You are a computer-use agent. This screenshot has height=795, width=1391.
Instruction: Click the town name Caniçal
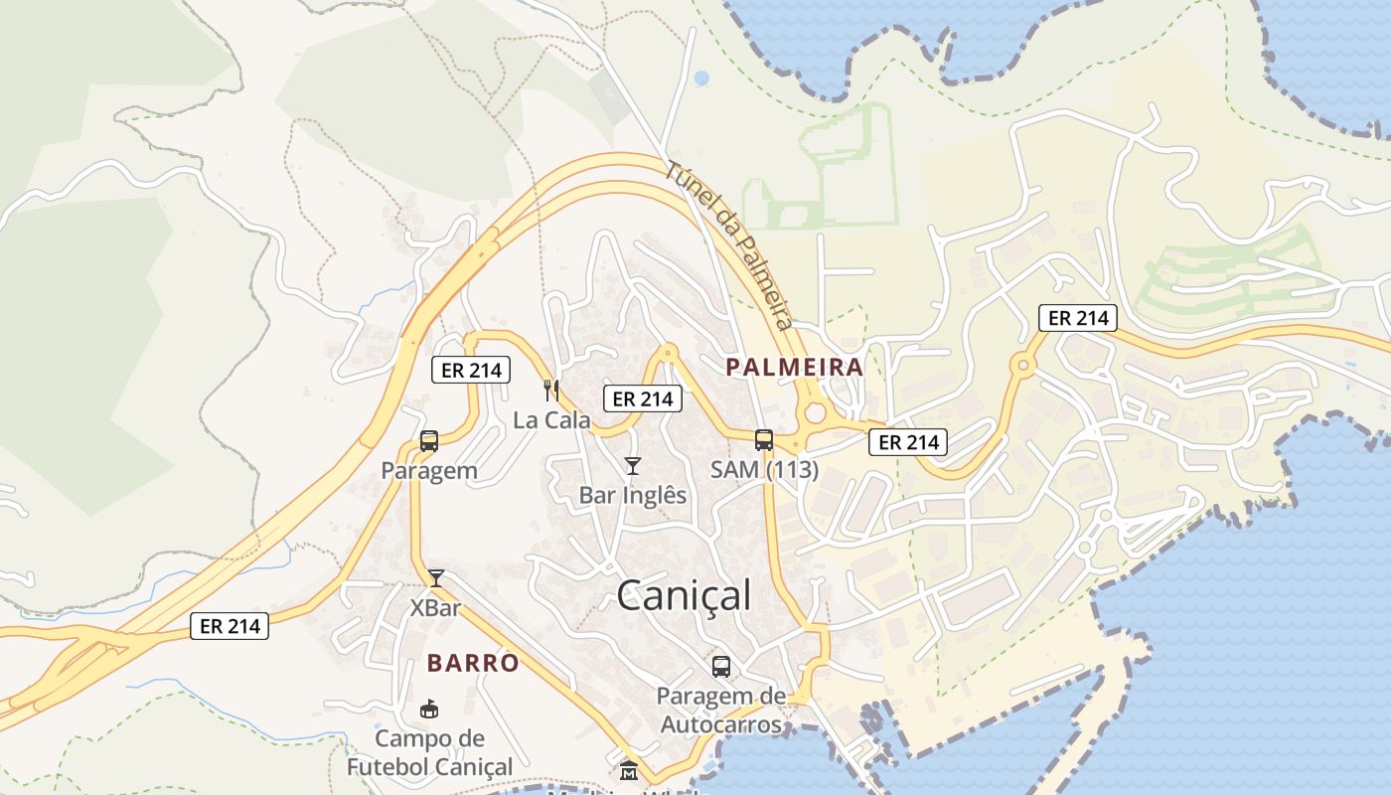[x=684, y=596]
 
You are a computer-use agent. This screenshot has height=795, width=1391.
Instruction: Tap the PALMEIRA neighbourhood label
[x=794, y=367]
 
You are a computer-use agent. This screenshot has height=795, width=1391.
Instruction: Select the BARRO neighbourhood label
[x=473, y=663]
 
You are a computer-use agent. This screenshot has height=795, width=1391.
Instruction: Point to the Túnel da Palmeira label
[x=729, y=245]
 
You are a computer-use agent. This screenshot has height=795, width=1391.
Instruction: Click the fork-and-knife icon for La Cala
[x=551, y=391]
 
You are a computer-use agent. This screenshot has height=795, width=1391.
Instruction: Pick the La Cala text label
[x=551, y=420]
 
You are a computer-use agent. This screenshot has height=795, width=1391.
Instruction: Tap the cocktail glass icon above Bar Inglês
[x=632, y=465]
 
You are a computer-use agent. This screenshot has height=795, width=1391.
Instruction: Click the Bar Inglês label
[x=633, y=495]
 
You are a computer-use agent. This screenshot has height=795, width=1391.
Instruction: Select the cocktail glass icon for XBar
[x=435, y=577]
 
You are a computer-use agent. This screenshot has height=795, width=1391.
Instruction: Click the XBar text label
[x=435, y=607]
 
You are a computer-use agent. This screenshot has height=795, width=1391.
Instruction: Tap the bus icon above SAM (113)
[x=763, y=439]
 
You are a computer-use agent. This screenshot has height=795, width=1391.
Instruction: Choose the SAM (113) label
[x=763, y=469]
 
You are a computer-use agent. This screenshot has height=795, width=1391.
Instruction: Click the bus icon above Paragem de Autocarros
[x=721, y=666]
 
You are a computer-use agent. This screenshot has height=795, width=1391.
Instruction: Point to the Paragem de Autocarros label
[x=721, y=710]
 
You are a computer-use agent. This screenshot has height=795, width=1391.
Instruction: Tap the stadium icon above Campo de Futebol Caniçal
[x=429, y=709]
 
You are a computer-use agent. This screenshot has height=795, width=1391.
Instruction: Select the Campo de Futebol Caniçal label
[x=429, y=752]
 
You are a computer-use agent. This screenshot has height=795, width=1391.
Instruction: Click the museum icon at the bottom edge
[x=629, y=770]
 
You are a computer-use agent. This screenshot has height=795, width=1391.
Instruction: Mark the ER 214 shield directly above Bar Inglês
[x=643, y=399]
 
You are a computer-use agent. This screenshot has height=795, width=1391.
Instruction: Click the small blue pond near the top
[x=701, y=78]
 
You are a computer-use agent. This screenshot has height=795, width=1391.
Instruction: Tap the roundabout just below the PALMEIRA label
[x=815, y=410]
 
